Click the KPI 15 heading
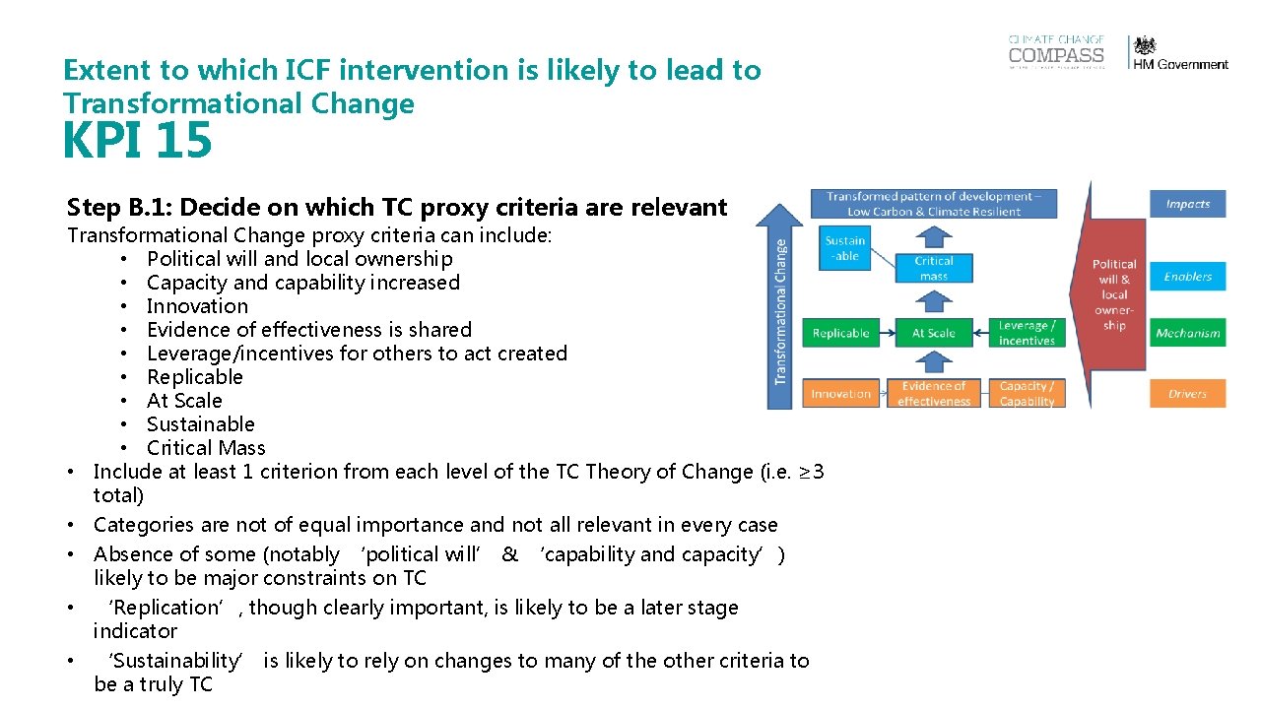click(x=137, y=141)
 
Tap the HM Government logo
click(x=1179, y=53)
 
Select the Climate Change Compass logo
click(x=1056, y=52)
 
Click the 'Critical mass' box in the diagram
click(x=933, y=268)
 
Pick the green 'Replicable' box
click(x=840, y=333)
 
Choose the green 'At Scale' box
click(x=933, y=333)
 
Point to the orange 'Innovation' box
click(x=840, y=394)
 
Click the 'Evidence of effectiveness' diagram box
click(x=933, y=394)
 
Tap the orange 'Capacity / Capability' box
click(x=1027, y=394)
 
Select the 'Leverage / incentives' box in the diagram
click(x=1027, y=333)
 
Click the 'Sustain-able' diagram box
click(x=844, y=248)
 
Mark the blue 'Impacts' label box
click(x=1187, y=204)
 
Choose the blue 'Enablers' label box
click(x=1187, y=277)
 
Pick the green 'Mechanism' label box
click(x=1187, y=333)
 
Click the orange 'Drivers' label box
click(x=1187, y=394)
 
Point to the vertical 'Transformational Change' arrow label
click(x=781, y=310)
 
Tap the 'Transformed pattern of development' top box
click(x=933, y=204)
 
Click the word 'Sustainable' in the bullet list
click(x=200, y=424)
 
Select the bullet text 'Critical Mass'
click(x=206, y=448)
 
